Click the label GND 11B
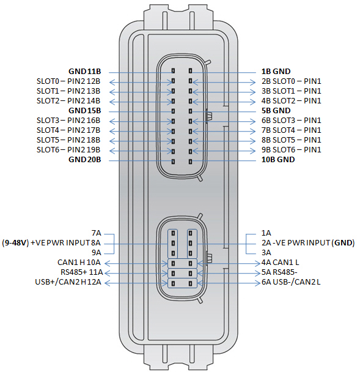pos(84,72)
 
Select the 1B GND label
pos(276,72)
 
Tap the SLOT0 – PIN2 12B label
pos(68,81)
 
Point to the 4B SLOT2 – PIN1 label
pos(292,101)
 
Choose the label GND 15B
pos(84,111)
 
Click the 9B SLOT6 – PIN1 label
pos(292,150)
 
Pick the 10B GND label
pos(278,160)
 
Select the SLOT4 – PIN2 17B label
pos(68,130)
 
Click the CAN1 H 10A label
pos(79,263)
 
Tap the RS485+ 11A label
pos(82,272)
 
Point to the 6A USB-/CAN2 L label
pos(291,282)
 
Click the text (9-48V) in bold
pos(15,243)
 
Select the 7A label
pos(97,233)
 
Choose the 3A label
pos(266,253)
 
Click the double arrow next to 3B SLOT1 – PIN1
pos(224,92)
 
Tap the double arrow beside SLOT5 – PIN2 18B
pos(141,141)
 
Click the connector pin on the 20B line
pos(173,162)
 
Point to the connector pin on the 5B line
pos(191,111)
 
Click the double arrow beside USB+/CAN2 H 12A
pos(136,283)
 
